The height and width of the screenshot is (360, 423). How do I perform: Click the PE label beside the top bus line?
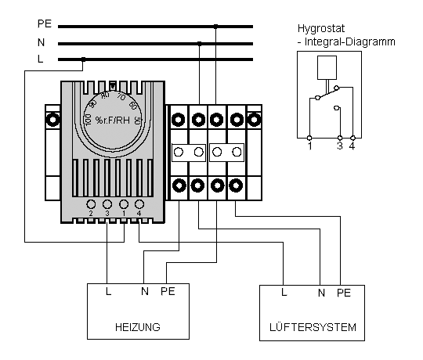(44, 23)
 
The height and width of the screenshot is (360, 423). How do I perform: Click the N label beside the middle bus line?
(41, 42)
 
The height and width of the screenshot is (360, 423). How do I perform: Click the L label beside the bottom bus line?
(40, 59)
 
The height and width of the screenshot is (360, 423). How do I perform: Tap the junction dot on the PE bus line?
(215, 27)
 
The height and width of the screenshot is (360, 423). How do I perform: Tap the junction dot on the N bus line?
(200, 43)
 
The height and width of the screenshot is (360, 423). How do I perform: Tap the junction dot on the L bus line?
(83, 59)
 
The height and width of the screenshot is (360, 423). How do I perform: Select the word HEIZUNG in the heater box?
(138, 327)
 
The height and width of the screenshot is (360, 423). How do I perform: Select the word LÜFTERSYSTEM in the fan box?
(313, 326)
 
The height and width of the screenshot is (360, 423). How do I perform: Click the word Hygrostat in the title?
(321, 28)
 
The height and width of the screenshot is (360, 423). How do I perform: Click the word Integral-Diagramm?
(350, 42)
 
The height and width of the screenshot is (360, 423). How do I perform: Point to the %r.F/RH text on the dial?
(113, 120)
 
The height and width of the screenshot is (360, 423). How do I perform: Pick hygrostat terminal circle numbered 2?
(91, 204)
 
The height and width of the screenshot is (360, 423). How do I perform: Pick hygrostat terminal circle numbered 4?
(139, 204)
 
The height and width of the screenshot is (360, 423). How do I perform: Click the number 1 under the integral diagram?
(310, 146)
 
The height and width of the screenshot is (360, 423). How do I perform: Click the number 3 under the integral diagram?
(340, 146)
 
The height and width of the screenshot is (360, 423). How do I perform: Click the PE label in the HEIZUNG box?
(168, 291)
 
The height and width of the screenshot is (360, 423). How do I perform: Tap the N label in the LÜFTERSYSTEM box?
(321, 293)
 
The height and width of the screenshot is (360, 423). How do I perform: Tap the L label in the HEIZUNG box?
(108, 291)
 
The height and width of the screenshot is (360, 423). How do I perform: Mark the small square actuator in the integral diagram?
(327, 67)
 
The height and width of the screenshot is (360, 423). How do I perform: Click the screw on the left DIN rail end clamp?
(53, 120)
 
